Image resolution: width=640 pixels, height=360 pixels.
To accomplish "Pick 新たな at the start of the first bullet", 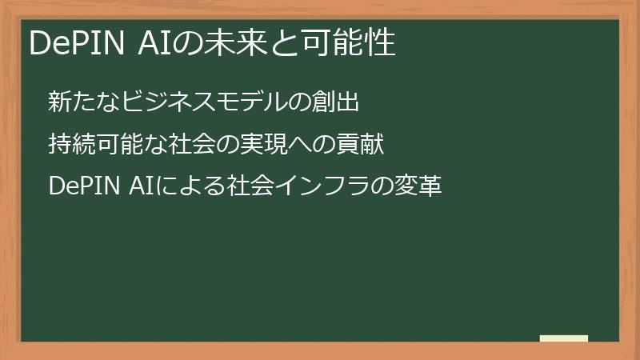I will pyautogui.click(x=80, y=102).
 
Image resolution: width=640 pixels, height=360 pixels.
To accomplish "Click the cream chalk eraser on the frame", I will pyautogui.click(x=564, y=338).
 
